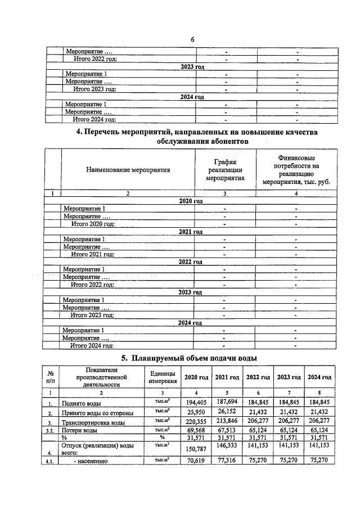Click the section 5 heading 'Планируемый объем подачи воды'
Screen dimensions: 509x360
coord(190,358)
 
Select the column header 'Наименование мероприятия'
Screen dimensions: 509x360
coord(128,169)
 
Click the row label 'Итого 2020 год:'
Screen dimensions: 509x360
coord(93,224)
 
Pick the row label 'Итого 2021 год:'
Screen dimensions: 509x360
coord(93,254)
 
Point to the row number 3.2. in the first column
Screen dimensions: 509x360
coord(51,431)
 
